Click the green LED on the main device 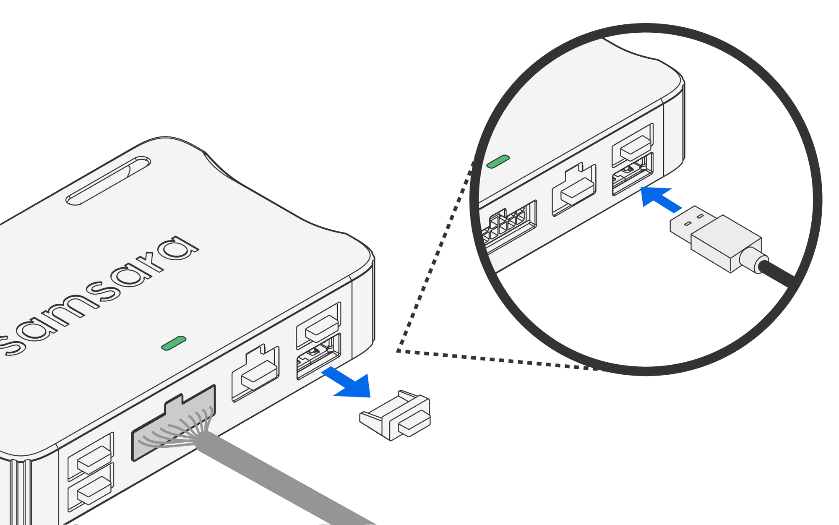[x=174, y=343]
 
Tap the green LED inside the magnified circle [x=498, y=162]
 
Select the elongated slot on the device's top [x=108, y=180]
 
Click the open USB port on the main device [x=318, y=357]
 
